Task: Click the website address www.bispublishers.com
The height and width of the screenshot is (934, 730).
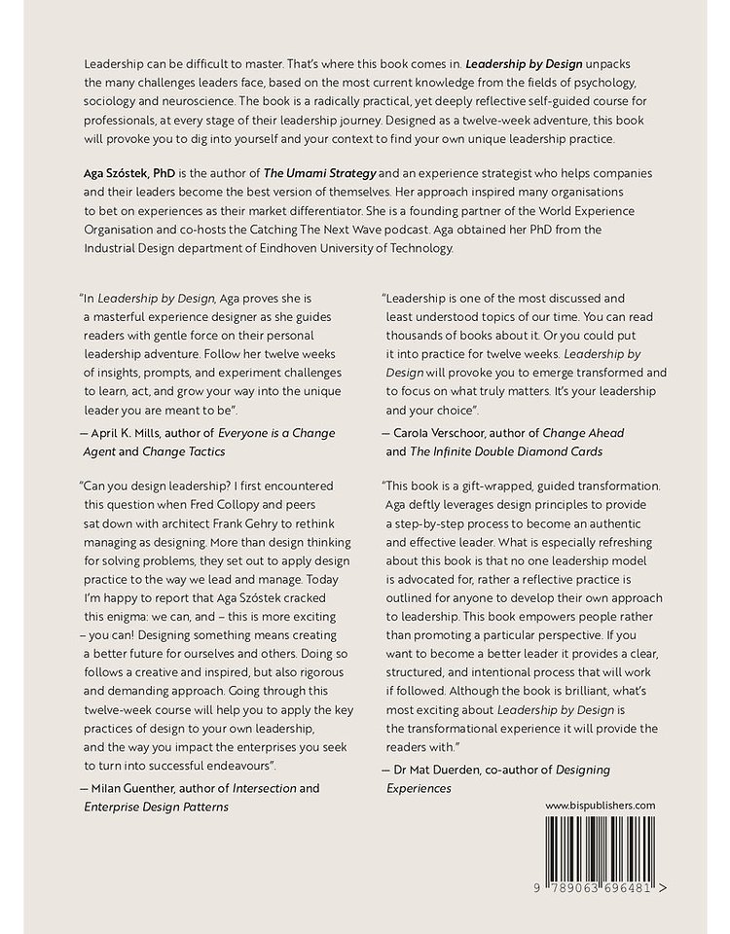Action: click(x=601, y=805)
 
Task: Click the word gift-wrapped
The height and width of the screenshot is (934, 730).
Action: click(x=512, y=485)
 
